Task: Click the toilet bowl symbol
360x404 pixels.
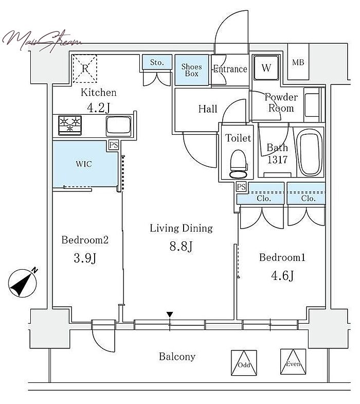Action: (x=239, y=164)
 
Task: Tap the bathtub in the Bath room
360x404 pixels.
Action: (x=310, y=152)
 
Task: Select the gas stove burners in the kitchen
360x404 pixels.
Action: (x=70, y=125)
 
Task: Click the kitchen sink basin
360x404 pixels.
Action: (x=118, y=126)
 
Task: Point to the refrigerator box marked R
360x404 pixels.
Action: (x=85, y=68)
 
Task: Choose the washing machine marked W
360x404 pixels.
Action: (x=266, y=68)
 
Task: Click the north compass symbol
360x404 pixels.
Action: (x=23, y=283)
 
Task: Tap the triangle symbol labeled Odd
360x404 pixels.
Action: (x=244, y=362)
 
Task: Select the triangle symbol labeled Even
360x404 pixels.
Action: (x=293, y=361)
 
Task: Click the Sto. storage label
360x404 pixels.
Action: (x=157, y=62)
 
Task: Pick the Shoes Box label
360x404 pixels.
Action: (x=192, y=70)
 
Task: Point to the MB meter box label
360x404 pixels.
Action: (x=298, y=62)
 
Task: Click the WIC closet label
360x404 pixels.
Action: (x=84, y=164)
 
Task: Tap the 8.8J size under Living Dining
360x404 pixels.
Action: (x=181, y=246)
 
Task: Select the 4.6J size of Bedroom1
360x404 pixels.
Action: (x=282, y=276)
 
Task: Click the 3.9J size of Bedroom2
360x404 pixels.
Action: (x=85, y=258)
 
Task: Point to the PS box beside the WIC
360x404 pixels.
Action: (x=114, y=145)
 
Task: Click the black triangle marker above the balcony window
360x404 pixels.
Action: (x=169, y=314)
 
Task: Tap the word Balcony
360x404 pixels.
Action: (x=177, y=357)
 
